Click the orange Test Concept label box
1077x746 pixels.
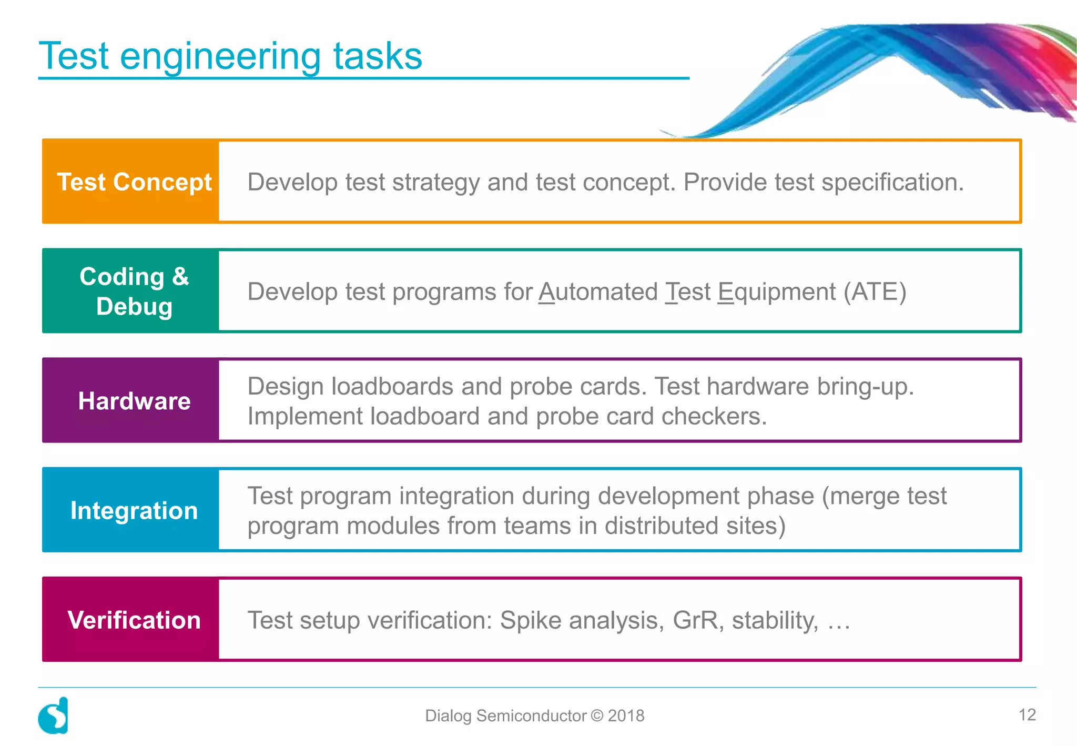pyautogui.click(x=130, y=182)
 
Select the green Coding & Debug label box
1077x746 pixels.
pyautogui.click(x=130, y=291)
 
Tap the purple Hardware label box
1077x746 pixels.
pyautogui.click(x=130, y=400)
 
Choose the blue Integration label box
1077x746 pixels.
pyautogui.click(x=130, y=510)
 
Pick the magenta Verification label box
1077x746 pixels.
pyautogui.click(x=130, y=619)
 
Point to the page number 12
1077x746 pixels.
pyautogui.click(x=1027, y=714)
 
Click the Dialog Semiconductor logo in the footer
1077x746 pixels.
pyautogui.click(x=54, y=715)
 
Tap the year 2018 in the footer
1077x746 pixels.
pyautogui.click(x=626, y=715)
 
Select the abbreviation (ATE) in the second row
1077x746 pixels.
pyautogui.click(x=875, y=291)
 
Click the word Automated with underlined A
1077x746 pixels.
pyautogui.click(x=598, y=291)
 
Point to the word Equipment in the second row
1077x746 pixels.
pyautogui.click(x=777, y=293)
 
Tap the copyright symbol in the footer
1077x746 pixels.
pyautogui.click(x=597, y=715)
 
